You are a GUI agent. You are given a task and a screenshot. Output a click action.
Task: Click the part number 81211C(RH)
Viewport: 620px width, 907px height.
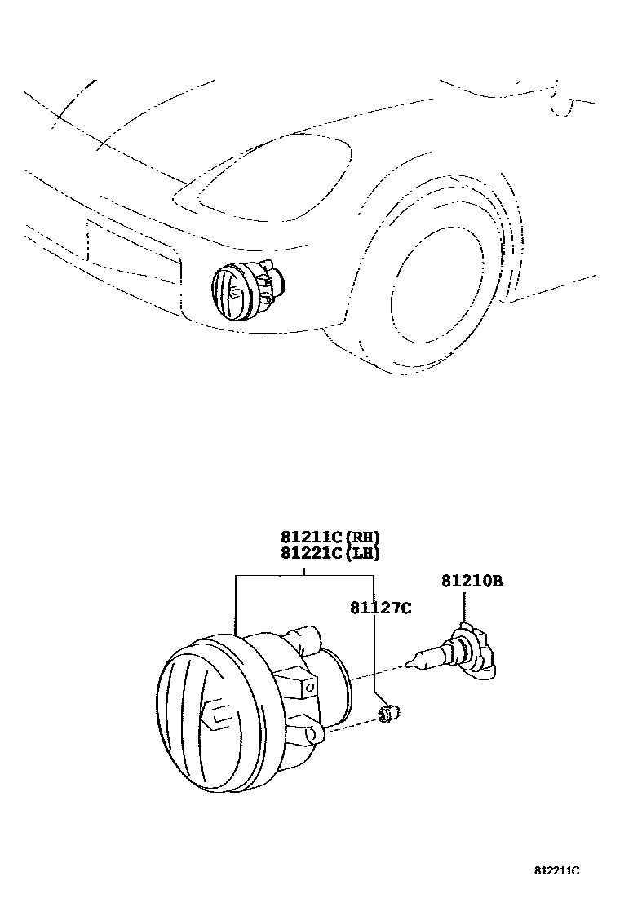click(x=330, y=538)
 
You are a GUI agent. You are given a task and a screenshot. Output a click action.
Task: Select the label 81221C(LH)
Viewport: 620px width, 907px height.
click(x=330, y=552)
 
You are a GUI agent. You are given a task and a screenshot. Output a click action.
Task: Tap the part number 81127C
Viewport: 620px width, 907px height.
click(x=380, y=607)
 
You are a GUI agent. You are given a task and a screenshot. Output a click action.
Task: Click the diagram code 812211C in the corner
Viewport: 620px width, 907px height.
click(x=557, y=871)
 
